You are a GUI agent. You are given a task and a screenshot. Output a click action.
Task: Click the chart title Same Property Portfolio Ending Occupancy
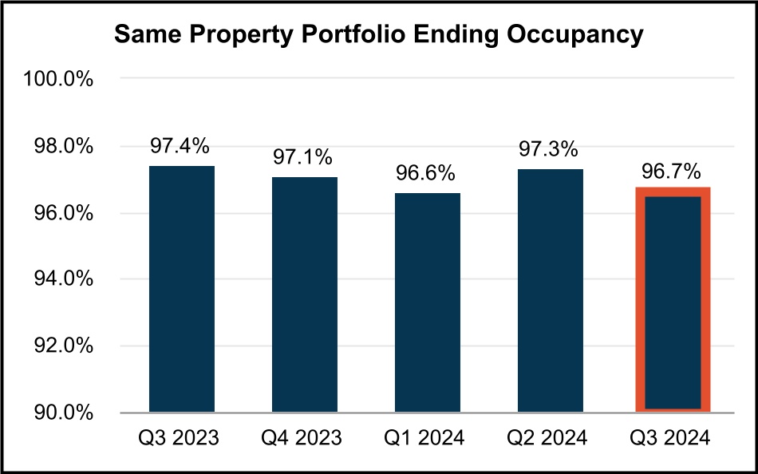pos(378,36)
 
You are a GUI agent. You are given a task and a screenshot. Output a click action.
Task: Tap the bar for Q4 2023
pos(304,294)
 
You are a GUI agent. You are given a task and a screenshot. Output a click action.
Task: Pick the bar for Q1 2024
pos(427,302)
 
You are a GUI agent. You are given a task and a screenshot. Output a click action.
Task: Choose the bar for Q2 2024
pos(550,290)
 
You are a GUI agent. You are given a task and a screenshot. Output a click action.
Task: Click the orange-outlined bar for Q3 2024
pos(672,301)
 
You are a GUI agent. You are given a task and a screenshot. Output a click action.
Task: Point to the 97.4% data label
pos(182,146)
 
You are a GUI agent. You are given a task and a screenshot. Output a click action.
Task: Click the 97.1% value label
pos(304,158)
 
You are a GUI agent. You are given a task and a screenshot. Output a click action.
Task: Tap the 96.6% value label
pos(427,173)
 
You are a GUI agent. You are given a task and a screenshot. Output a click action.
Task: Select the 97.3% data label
pos(550,149)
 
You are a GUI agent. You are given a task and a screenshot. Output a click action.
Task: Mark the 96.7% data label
pos(672,170)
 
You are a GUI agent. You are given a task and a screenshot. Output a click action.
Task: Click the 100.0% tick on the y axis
pos(61,80)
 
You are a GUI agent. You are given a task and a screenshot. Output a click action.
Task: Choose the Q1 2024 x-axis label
pos(427,438)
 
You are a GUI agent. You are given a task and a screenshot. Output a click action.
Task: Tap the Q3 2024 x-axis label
pos(672,438)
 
